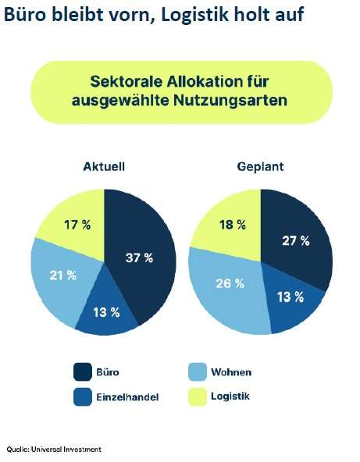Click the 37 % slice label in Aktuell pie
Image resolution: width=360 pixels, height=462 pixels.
(139, 258)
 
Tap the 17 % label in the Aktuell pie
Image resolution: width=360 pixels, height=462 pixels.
(77, 225)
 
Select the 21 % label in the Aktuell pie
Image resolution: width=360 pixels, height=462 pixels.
(62, 275)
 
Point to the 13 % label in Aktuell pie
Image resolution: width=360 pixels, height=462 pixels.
(106, 312)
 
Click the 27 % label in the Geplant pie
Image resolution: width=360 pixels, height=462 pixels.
(296, 240)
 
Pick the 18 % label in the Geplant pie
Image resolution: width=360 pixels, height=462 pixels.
(233, 225)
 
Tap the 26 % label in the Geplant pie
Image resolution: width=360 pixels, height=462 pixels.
(230, 283)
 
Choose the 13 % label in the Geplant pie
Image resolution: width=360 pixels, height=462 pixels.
(290, 297)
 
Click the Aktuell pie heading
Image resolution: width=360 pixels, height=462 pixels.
(104, 166)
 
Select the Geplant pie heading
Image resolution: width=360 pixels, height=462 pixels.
(260, 167)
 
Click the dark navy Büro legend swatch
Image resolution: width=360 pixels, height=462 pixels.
(83, 371)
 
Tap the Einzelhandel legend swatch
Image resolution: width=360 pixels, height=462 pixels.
(83, 396)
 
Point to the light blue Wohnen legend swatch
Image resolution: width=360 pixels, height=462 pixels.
(198, 371)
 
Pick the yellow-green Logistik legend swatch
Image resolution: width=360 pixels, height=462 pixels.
(198, 396)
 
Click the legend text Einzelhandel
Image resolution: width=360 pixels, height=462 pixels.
(127, 397)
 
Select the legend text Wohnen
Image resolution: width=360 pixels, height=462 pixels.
(231, 372)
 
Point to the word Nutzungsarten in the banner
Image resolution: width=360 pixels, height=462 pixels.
(230, 101)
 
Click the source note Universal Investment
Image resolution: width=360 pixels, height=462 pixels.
(66, 450)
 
